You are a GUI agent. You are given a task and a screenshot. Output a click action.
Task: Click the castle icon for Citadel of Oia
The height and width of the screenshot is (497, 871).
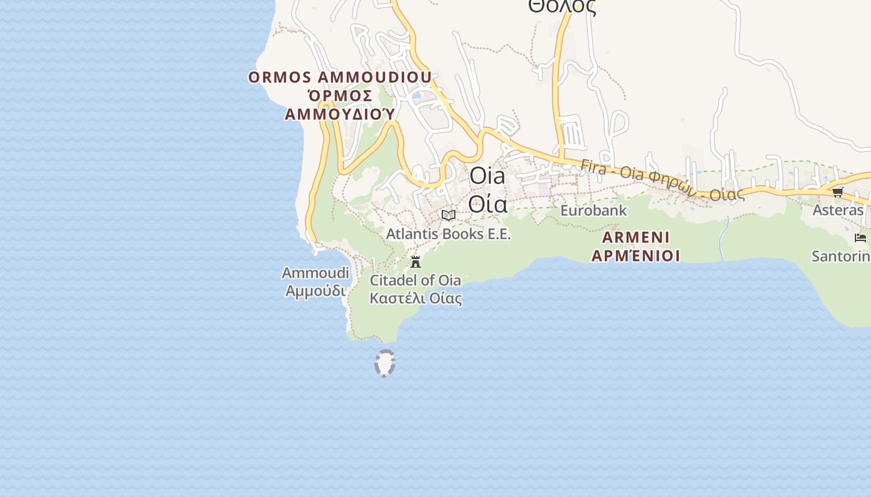416,262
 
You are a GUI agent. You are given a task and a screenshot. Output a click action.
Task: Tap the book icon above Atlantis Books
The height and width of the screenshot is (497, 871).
448,216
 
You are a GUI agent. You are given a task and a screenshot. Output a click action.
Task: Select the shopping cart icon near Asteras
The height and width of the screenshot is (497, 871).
837,192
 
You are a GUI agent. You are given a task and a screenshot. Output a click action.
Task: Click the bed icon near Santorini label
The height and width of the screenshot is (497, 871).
860,237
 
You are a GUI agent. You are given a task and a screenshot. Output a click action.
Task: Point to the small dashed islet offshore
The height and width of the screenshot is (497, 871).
384,363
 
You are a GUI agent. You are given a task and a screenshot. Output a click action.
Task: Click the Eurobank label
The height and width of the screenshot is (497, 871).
594,211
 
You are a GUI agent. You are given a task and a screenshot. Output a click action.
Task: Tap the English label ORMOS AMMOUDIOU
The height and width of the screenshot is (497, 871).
340,78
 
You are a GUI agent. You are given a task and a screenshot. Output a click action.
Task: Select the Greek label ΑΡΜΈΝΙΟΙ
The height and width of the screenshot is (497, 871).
636,256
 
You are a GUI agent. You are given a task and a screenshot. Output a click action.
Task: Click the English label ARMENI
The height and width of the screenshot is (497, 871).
636,237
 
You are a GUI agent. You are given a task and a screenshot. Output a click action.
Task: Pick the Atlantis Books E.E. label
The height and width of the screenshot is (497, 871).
448,234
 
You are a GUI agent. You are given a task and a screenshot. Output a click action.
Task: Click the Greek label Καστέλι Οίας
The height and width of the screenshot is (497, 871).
416,298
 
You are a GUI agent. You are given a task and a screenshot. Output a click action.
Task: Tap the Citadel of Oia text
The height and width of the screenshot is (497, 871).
416,280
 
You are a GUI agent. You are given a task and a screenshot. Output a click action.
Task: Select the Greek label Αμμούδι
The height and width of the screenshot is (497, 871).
315,291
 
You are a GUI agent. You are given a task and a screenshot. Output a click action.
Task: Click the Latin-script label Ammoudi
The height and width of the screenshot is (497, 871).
315,273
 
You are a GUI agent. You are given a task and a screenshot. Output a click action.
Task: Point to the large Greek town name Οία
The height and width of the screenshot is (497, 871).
487,204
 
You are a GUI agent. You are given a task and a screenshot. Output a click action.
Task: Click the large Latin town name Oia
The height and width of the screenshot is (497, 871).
487,176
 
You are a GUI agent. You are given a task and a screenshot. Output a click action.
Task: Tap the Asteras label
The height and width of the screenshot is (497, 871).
837,210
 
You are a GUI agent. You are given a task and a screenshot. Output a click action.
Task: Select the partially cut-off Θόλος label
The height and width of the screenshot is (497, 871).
562,6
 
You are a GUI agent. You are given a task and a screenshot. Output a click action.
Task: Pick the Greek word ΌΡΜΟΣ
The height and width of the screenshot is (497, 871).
340,96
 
